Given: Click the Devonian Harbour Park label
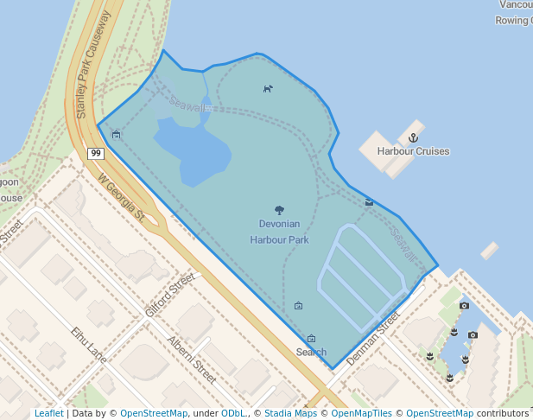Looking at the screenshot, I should (279, 232).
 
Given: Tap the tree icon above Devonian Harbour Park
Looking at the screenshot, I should (279, 210).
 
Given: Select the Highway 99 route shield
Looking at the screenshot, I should (95, 154).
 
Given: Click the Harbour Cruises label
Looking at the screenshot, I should (413, 151).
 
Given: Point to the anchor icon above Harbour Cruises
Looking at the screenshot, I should (413, 137).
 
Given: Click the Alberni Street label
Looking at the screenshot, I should (192, 360).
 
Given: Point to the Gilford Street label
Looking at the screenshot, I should (170, 295).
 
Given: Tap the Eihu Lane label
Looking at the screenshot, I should (89, 343).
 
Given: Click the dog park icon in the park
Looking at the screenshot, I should (268, 88).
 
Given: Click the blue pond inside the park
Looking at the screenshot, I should (194, 151).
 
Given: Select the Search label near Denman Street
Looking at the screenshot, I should (311, 352).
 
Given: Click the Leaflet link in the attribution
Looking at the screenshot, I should (49, 413).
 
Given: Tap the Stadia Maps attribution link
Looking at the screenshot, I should (290, 413).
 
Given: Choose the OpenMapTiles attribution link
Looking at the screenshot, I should (362, 413).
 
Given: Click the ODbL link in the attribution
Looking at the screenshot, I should (233, 413).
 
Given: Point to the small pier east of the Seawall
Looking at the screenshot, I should (490, 251).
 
